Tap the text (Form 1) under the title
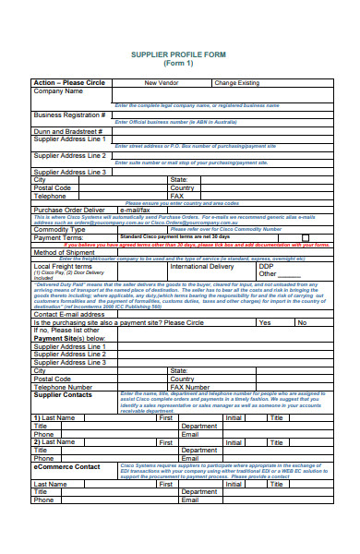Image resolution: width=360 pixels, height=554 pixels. tap(178, 65)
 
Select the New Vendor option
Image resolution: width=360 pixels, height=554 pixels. tap(162, 83)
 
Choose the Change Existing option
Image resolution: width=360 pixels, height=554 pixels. tap(238, 83)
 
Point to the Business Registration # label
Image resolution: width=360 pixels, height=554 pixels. tap(69, 115)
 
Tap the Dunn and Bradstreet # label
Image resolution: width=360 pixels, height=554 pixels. tap(66, 132)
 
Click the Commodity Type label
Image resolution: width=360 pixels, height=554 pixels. tap(60, 228)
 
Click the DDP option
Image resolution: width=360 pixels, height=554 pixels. tap(266, 266)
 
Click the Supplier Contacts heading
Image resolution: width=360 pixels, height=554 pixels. tap(63, 394)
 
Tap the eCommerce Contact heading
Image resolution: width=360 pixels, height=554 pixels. tap(67, 466)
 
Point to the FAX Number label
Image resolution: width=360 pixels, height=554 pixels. tap(196, 387)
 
